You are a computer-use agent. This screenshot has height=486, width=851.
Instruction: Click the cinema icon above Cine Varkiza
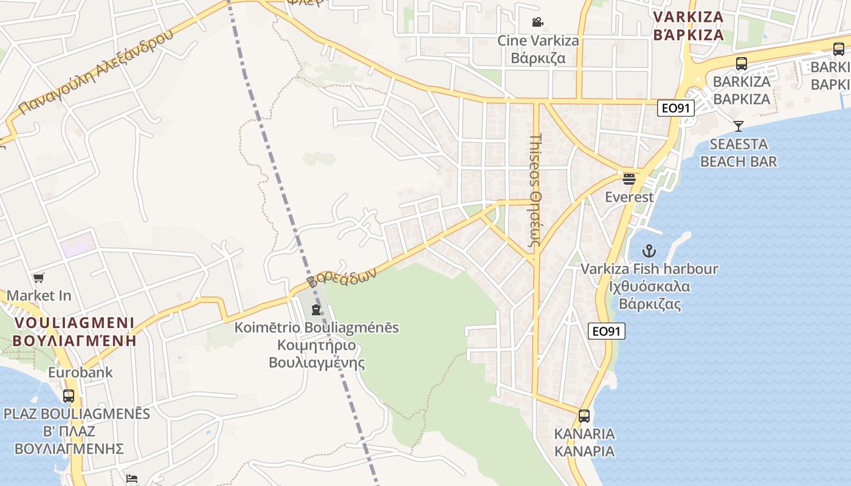point(537,22)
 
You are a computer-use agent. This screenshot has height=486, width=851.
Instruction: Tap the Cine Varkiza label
point(538,49)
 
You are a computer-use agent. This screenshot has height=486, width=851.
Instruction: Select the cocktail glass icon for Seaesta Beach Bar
point(739,126)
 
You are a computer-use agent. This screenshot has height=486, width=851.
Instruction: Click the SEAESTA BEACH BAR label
point(739,152)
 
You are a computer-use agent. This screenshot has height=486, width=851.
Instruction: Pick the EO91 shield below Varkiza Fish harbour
point(607,331)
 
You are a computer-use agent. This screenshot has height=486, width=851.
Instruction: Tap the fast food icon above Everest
point(629,179)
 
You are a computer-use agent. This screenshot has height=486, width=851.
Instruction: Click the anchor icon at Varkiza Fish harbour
point(649,250)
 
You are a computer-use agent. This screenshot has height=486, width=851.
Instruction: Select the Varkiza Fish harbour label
point(649,286)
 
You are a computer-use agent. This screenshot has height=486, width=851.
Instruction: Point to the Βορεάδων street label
point(342,277)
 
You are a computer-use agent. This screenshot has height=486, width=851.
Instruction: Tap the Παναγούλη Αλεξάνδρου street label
point(96,72)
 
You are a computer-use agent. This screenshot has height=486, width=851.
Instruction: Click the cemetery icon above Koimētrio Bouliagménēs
point(316,310)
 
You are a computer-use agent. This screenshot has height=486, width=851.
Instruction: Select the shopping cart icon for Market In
point(39,278)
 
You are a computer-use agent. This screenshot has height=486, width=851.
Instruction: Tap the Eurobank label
point(80,372)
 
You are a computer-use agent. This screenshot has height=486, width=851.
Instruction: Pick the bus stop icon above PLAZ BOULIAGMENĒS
point(69,396)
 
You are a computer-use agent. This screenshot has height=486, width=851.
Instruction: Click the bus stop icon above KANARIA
point(584,416)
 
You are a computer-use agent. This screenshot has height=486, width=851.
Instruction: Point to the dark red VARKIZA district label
point(688,26)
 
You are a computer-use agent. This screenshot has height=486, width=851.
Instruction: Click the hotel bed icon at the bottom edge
point(131,479)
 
